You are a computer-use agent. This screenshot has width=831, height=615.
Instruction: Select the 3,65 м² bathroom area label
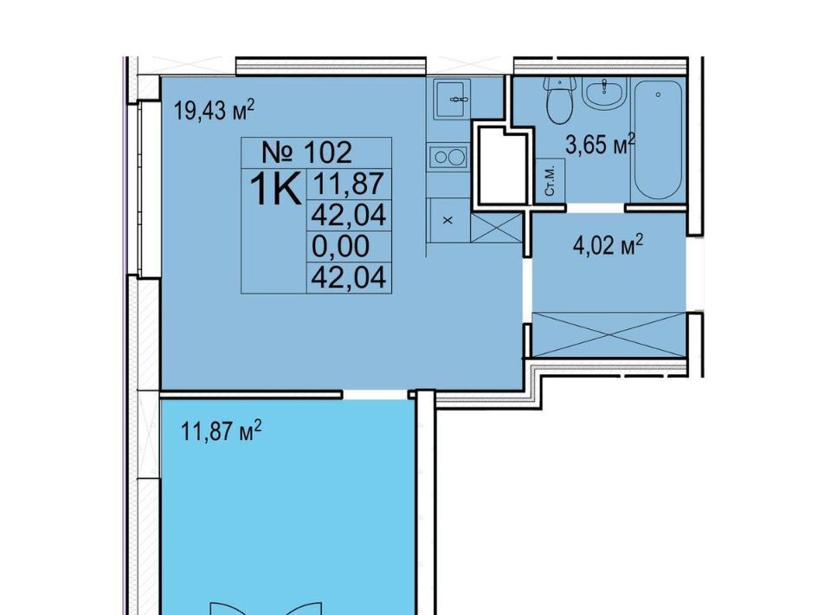601,144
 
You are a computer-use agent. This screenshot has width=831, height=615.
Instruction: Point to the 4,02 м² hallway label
608,245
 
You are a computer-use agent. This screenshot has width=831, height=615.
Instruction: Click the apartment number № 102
306,152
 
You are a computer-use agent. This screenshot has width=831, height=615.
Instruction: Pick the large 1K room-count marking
274,188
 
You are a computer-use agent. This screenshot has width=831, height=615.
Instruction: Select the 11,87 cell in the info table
348,184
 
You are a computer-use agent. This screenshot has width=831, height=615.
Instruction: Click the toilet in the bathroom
560,99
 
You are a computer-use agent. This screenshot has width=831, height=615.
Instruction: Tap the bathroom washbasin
605,94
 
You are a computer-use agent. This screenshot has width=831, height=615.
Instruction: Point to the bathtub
658,139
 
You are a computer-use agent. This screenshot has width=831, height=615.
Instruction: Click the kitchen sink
452,99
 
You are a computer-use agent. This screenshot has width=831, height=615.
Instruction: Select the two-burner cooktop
448,157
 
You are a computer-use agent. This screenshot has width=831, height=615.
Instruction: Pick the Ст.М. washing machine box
551,181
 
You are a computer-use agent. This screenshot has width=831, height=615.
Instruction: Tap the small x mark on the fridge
448,220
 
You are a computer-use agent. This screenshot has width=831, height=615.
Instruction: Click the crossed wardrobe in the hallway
609,334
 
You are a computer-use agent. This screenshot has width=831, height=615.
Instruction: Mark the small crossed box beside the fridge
497,228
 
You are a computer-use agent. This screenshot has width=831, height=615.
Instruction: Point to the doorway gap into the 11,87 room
375,394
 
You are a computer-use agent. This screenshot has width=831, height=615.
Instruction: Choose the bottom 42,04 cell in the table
349,277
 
